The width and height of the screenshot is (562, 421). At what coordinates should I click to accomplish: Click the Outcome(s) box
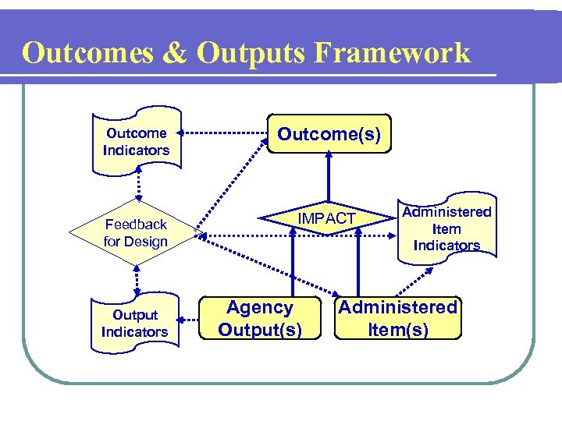click(x=329, y=134)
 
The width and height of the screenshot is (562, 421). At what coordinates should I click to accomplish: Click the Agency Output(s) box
click(x=260, y=318)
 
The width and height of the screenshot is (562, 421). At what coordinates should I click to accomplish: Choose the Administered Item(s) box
click(x=397, y=318)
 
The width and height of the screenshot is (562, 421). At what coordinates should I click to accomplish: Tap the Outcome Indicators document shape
click(x=137, y=141)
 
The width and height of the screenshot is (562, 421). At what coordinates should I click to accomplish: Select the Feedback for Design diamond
click(x=136, y=233)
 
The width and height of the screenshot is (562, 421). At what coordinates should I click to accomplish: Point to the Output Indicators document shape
click(x=134, y=324)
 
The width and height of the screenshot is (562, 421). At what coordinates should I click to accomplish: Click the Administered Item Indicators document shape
click(x=447, y=228)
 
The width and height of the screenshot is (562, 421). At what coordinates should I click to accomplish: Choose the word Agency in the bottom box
click(x=260, y=308)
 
